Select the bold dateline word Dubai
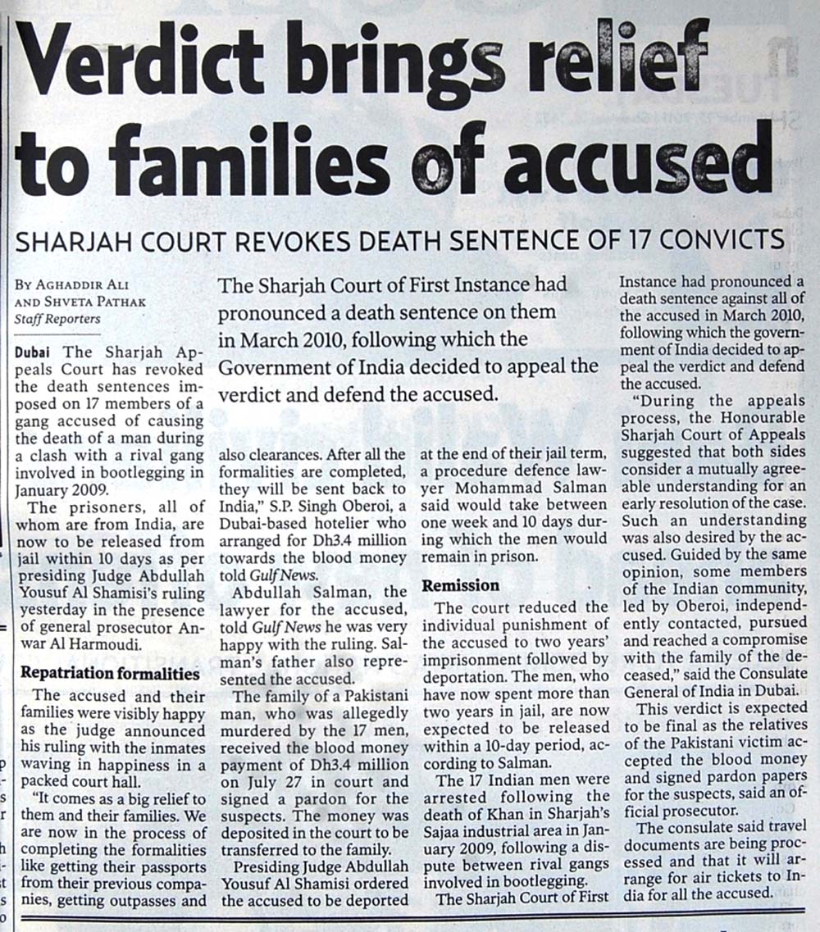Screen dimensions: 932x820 (32, 352)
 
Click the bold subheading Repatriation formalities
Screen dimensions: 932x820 (109, 673)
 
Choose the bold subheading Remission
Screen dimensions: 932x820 (460, 586)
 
